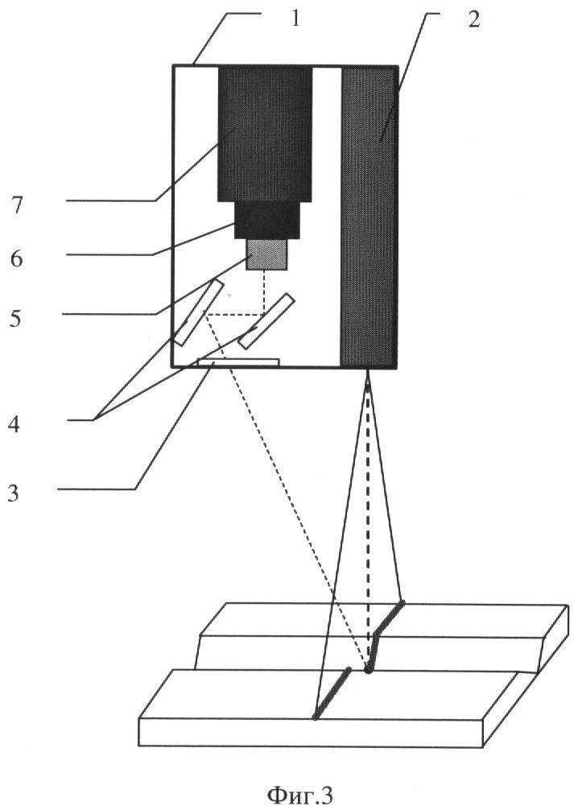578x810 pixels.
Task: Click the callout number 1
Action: click(x=295, y=19)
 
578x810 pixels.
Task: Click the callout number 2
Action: click(x=473, y=19)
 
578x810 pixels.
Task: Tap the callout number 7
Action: click(x=18, y=205)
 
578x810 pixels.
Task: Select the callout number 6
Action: click(x=17, y=258)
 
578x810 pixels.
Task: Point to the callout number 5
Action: click(x=16, y=318)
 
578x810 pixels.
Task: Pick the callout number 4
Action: click(x=14, y=425)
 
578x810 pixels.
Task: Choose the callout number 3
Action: click(x=13, y=494)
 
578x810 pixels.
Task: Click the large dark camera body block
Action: click(x=265, y=134)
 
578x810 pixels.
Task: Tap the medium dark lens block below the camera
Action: click(x=267, y=220)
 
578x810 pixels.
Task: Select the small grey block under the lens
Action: click(x=266, y=254)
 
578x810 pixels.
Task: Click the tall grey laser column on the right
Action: click(x=368, y=217)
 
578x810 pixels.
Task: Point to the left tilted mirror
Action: click(x=199, y=312)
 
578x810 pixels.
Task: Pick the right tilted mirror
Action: click(x=266, y=320)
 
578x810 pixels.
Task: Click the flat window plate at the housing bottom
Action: click(x=238, y=362)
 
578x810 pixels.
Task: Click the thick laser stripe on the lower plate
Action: click(x=332, y=693)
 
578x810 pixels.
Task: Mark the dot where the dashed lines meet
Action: click(x=368, y=670)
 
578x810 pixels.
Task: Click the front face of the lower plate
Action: click(x=311, y=732)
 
